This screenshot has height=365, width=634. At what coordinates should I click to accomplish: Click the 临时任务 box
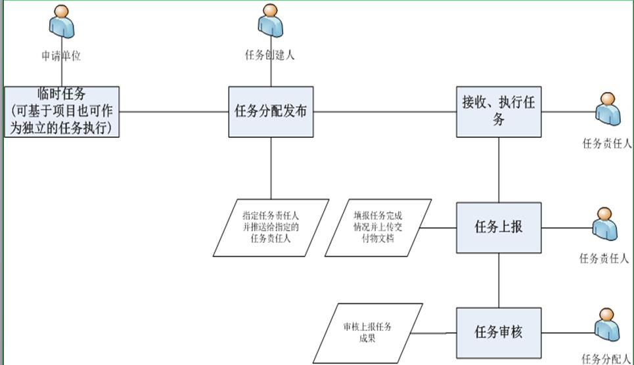[62, 112]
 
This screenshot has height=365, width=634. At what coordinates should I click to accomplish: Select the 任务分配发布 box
[271, 112]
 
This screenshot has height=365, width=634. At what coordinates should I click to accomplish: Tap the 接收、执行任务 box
[499, 112]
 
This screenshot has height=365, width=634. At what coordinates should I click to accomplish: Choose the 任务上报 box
[499, 227]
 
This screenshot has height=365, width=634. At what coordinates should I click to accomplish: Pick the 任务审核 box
[499, 332]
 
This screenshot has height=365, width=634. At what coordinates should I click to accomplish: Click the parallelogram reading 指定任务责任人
[271, 227]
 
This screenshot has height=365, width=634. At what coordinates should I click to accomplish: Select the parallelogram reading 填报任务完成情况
[378, 227]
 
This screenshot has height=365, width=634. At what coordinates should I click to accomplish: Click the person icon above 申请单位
[62, 22]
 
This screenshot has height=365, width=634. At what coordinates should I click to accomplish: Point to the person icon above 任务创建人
[270, 22]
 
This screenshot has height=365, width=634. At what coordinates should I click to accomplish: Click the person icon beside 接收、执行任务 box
[608, 110]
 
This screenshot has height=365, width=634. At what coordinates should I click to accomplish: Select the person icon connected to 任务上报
[605, 225]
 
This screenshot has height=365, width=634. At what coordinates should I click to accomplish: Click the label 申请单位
[61, 56]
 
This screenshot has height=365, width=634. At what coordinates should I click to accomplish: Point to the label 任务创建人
[270, 56]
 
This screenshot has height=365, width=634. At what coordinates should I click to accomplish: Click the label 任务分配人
[606, 358]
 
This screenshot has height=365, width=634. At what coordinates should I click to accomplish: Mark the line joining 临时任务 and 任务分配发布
[174, 112]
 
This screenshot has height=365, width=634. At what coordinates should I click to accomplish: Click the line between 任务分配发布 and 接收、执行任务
[385, 112]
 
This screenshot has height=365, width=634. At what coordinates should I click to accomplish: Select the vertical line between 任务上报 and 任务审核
[499, 280]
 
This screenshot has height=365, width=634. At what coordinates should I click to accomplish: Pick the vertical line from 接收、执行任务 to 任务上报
[499, 169]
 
